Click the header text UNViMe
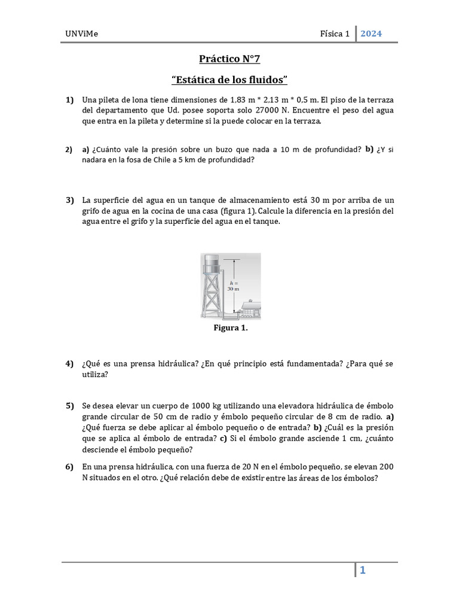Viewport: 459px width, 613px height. coord(81,34)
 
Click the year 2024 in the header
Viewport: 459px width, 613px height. coord(371,34)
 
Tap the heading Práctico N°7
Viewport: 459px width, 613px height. coord(229,59)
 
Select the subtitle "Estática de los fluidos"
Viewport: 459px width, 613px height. coord(229,80)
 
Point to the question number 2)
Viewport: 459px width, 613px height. coord(69,150)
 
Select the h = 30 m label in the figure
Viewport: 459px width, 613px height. coord(233,285)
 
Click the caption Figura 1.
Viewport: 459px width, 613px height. coord(230,328)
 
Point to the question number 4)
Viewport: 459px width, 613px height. coord(69,363)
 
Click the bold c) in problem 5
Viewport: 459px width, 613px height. coord(223,438)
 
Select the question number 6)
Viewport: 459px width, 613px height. coord(69,466)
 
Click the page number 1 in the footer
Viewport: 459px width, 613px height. coord(362,570)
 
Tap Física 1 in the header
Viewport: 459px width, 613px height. coord(335,34)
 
